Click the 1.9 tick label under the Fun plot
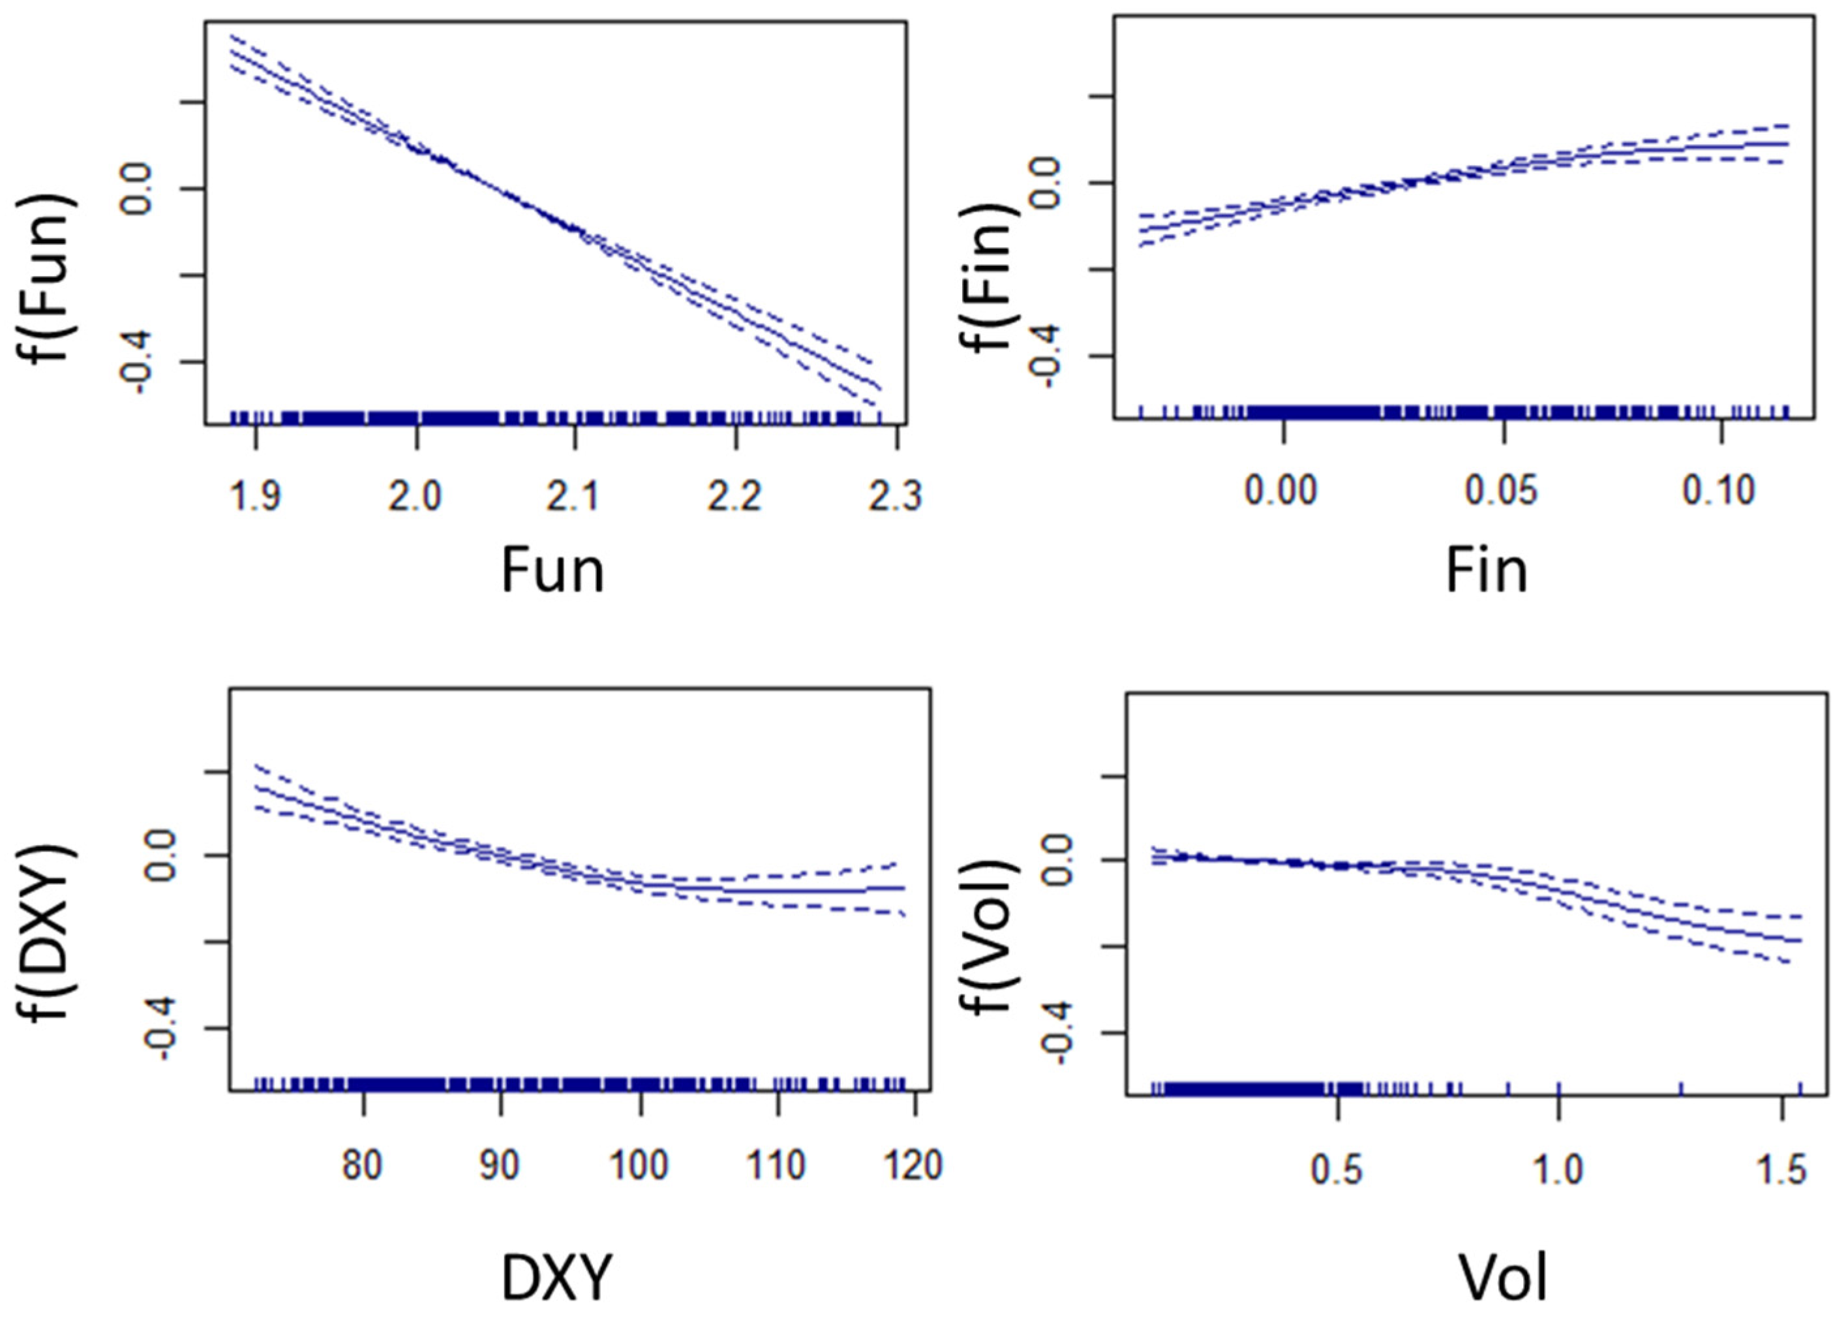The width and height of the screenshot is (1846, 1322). [x=256, y=495]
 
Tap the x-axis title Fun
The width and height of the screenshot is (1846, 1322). [x=552, y=571]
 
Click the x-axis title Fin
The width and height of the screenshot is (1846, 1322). [x=1485, y=571]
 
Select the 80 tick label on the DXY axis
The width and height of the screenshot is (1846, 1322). [x=362, y=1165]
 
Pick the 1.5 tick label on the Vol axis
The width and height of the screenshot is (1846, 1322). [x=1781, y=1170]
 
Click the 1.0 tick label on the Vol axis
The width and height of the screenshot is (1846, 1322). [x=1557, y=1170]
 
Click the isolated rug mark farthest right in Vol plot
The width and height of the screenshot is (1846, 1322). [x=1800, y=1089]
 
